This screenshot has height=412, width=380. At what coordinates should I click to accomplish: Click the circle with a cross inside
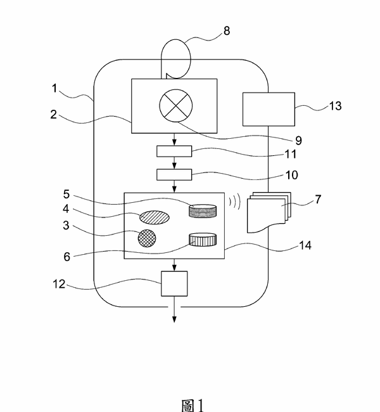[174, 106]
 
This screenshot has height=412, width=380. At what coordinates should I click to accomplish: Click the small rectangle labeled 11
[174, 152]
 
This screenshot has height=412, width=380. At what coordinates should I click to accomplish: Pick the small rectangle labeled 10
[174, 174]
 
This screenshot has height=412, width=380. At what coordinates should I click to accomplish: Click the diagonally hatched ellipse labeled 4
[155, 217]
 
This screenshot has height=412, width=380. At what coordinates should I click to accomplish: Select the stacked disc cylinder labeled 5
[203, 210]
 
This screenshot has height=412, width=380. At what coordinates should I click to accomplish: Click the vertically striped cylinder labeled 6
[203, 240]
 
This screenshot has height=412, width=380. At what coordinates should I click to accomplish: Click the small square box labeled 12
[175, 283]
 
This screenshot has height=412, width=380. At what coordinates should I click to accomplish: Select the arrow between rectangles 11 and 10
[174, 163]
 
